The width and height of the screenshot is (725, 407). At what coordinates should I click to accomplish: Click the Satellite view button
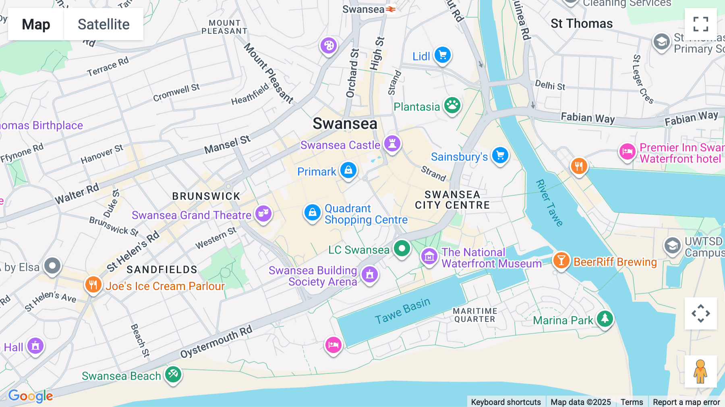pos(104,24)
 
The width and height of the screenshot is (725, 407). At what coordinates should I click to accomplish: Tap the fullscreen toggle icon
pos(700,24)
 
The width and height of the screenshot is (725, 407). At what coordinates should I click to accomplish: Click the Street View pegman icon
pos(700,371)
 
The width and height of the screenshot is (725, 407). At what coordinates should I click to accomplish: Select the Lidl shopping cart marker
pos(443,55)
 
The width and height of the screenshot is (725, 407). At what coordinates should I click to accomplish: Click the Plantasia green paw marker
pos(452,106)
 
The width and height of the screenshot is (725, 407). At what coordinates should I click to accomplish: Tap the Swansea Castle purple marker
pos(392,143)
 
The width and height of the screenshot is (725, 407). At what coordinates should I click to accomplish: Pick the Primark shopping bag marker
pos(348,170)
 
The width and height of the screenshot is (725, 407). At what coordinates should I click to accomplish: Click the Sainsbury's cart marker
pos(500,155)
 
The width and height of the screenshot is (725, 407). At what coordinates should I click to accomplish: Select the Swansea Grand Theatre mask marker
pos(263,213)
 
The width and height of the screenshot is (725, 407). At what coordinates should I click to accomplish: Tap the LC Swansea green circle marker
pos(402,248)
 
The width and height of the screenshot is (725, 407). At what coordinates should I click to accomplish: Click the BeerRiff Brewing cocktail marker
pos(561,260)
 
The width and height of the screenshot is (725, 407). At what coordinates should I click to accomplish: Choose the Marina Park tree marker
pos(605,319)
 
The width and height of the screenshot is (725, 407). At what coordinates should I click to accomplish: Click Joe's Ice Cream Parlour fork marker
pos(93,284)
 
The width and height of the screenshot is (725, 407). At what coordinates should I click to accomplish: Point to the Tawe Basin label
pos(402,311)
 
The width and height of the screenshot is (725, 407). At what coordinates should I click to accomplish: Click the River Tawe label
pos(549,203)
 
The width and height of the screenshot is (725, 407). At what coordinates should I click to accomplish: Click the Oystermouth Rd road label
pos(216,342)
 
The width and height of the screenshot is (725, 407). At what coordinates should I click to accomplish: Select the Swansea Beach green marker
pos(173,374)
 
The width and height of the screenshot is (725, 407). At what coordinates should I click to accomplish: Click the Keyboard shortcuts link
pos(506,402)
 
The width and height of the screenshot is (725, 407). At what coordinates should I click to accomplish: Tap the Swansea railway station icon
pos(391,9)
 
